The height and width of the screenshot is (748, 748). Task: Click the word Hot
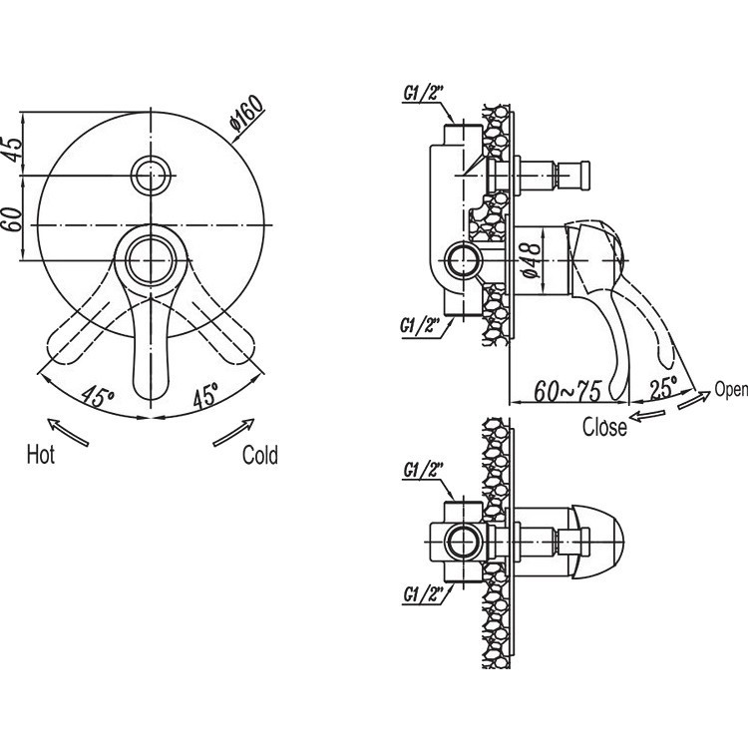(41, 454)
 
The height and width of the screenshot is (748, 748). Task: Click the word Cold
(260, 455)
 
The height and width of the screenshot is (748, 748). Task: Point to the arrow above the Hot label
(68, 432)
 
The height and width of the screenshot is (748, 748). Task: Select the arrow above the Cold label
(233, 432)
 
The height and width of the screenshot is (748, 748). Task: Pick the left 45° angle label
(98, 396)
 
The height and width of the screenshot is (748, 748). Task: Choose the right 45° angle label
(206, 395)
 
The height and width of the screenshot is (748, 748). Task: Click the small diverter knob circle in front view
(151, 176)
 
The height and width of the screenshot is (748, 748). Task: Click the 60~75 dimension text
(567, 391)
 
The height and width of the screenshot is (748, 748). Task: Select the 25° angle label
(663, 386)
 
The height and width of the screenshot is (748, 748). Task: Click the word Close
(604, 427)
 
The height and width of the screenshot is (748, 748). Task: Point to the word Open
(731, 390)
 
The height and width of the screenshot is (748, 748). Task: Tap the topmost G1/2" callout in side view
(424, 94)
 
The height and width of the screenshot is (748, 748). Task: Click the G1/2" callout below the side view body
(420, 326)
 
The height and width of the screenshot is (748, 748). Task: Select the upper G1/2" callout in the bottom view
(424, 470)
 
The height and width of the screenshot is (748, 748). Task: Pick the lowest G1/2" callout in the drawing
(424, 594)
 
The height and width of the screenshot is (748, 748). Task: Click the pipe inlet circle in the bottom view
(464, 542)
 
